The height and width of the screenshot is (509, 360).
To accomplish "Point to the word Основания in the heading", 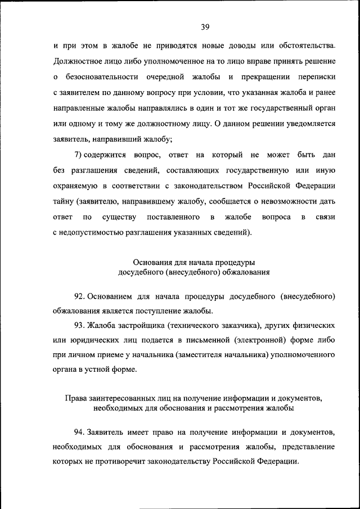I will pyautogui.click(x=152, y=264).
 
